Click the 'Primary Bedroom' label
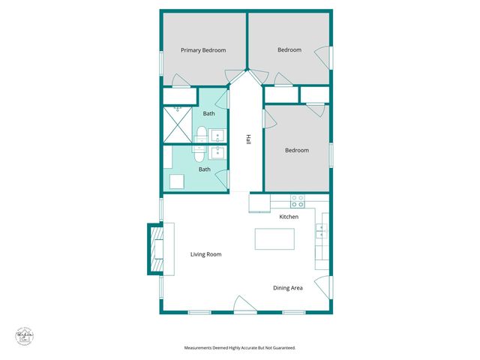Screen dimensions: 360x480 coord(203,50)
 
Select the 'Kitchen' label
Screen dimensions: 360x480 coord(289,217)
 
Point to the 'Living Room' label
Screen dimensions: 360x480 coord(205,254)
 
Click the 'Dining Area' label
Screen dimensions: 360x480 coord(287,287)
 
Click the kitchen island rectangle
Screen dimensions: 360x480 coord(274,239)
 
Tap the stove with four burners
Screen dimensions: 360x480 coord(298,202)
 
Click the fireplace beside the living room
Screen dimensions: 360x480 coord(156,248)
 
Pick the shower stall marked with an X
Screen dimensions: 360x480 coord(178,124)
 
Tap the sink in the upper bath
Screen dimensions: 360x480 coord(217,136)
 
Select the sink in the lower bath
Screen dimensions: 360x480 coord(217,153)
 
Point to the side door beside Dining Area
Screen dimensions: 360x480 coord(322,286)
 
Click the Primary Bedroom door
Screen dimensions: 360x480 coord(181,81)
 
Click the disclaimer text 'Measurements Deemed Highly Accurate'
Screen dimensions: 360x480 coord(240,348)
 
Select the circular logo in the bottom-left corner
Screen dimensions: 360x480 coord(26,337)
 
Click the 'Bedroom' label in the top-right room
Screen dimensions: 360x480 coord(289,50)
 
